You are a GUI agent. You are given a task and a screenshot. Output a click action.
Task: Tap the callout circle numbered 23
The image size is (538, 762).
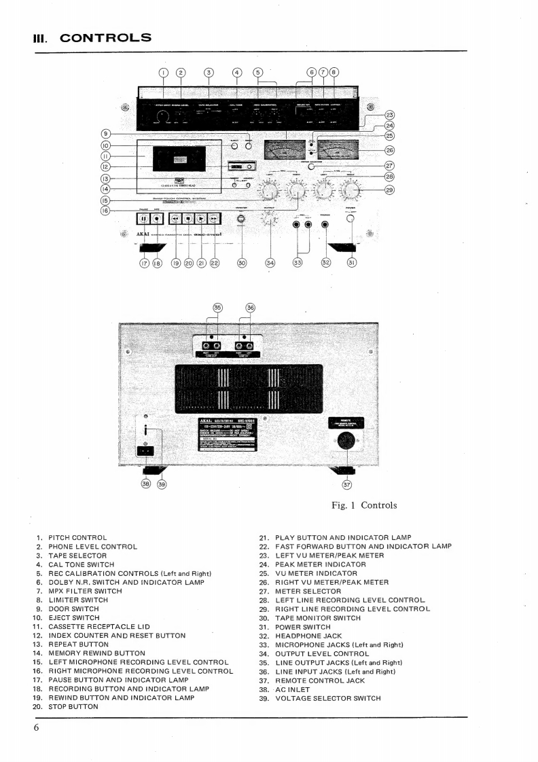pos(389,115)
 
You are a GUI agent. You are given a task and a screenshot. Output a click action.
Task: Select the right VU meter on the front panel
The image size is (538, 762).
pos(338,149)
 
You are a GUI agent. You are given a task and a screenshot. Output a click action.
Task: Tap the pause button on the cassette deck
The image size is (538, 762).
pos(144,219)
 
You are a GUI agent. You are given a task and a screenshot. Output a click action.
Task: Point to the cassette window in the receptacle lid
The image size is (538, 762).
pos(180,159)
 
